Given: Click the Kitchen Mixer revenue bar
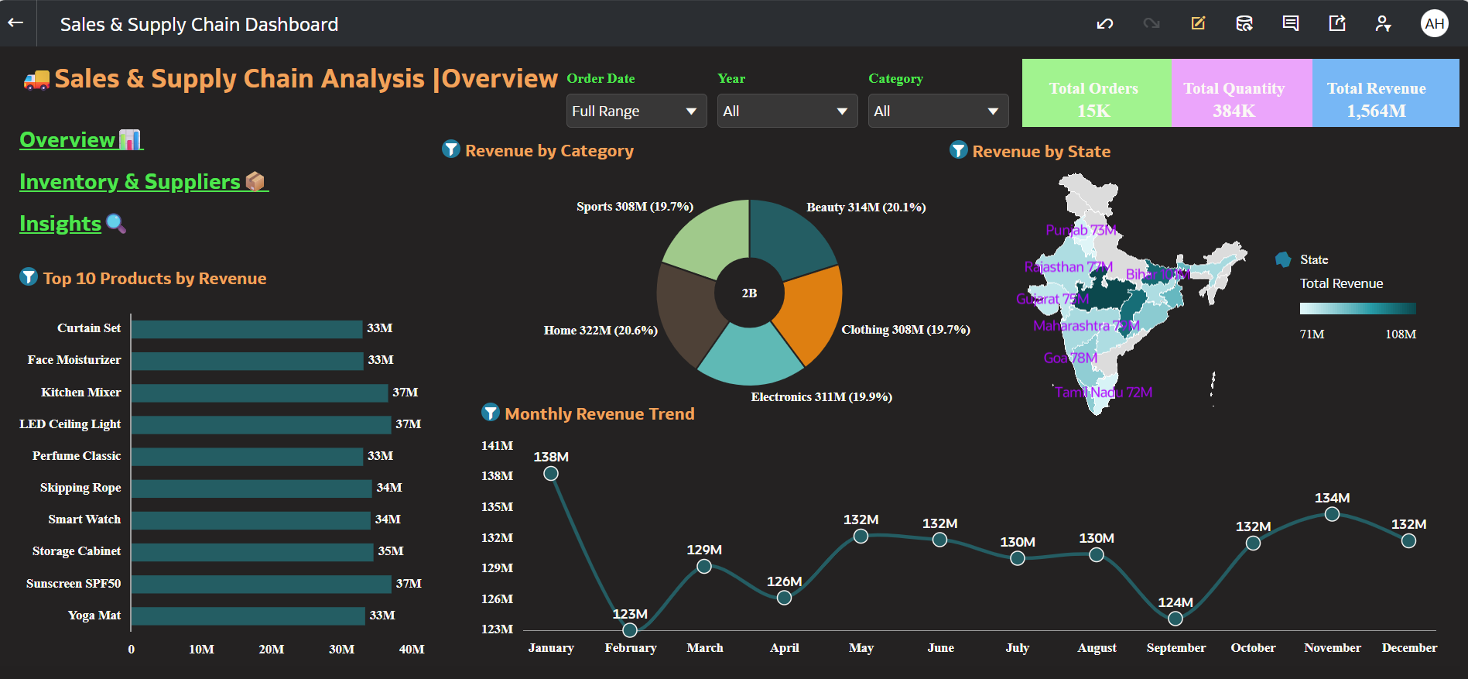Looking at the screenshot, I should coord(259,393).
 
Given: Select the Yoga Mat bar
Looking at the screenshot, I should coord(248,616).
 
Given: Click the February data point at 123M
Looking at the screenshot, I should coord(630,630).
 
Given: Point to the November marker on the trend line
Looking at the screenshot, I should coord(1332,514).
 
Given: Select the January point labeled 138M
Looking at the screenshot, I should coord(551,473).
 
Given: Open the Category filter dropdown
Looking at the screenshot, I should coord(938,111).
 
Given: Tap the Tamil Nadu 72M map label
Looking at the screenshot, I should coord(1104,393).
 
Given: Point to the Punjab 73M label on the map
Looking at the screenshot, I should coord(1081,230).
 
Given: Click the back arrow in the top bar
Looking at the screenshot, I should coord(15,23).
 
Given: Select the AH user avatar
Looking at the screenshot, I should coord(1434,23).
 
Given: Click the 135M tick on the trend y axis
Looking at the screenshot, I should coord(497,507).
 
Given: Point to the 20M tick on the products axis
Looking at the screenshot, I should coord(271,650).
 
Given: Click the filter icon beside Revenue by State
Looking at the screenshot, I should coord(959,150).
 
